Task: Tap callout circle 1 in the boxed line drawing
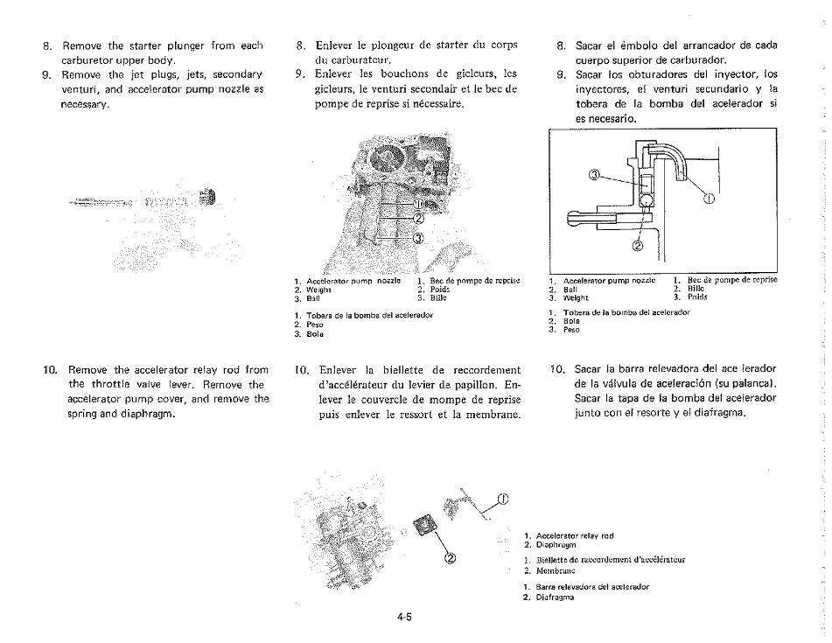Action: [x=710, y=198]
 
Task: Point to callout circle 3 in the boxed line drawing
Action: [x=594, y=176]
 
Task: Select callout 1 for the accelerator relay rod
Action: [x=502, y=500]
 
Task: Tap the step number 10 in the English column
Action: [x=50, y=369]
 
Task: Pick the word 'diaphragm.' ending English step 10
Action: [x=148, y=414]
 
